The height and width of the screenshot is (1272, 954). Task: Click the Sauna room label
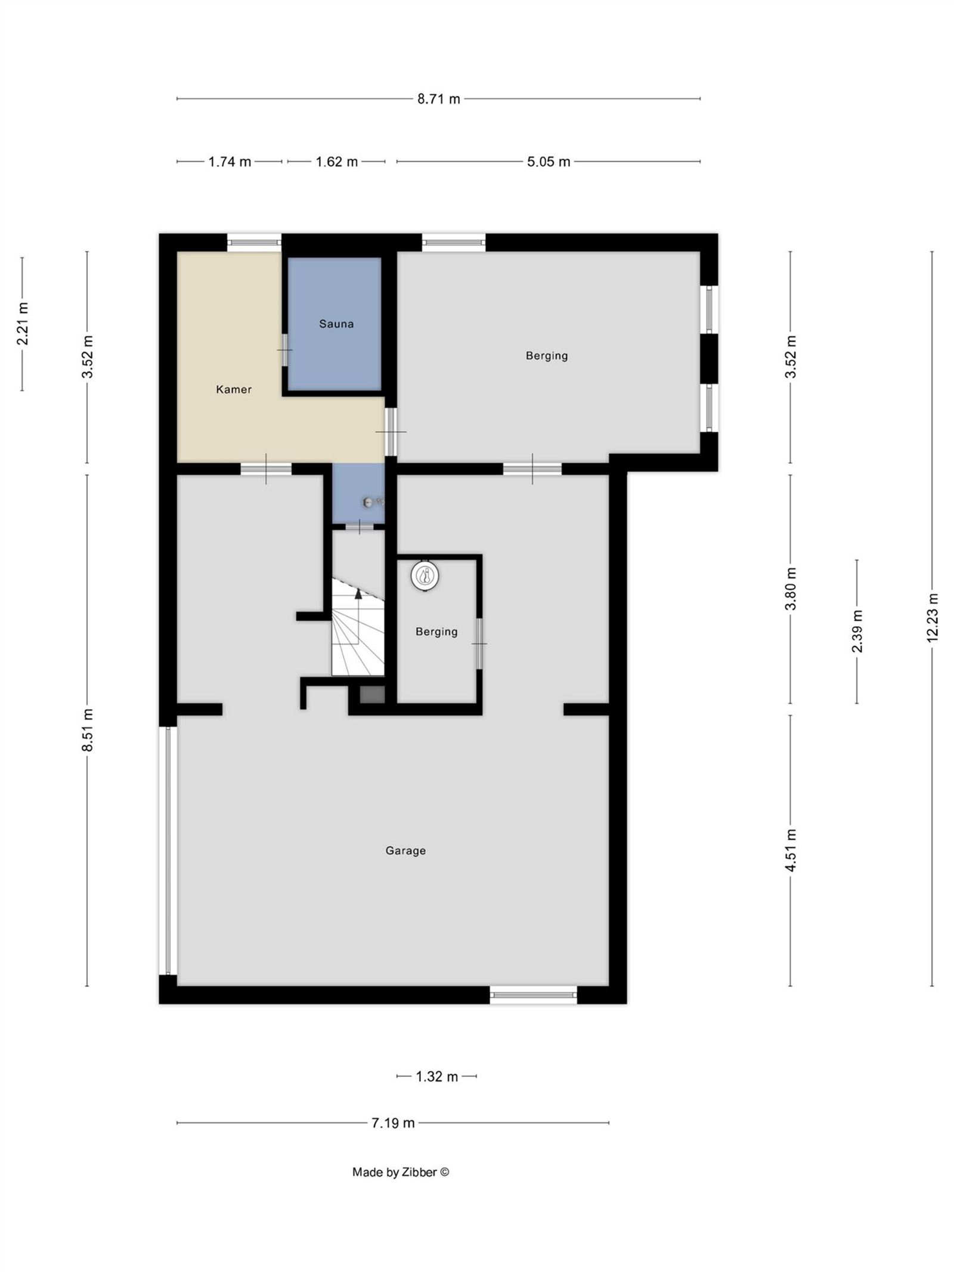(x=336, y=324)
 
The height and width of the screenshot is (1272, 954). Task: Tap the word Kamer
(x=234, y=389)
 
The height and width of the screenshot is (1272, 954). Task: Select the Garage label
(x=405, y=851)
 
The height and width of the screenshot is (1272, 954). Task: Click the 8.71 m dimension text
(x=439, y=99)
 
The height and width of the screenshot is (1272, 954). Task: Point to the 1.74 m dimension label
(x=230, y=162)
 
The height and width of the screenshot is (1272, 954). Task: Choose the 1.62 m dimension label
(x=337, y=162)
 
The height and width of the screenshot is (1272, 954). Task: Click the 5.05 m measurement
(x=549, y=162)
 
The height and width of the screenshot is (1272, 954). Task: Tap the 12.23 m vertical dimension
(x=933, y=618)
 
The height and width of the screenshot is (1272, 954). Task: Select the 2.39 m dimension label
(x=857, y=632)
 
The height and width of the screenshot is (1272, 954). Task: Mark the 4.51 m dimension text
(x=791, y=850)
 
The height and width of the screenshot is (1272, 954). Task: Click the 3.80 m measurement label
(x=791, y=589)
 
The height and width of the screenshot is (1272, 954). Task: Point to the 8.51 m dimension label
(x=88, y=731)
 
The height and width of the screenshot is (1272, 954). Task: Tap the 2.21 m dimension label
(x=23, y=324)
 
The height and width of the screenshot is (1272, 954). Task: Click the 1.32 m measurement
(x=437, y=1076)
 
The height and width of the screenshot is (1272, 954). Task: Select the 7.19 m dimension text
(x=393, y=1123)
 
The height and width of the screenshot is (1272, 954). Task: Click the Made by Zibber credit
(x=401, y=1172)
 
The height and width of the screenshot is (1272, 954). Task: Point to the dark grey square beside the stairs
(x=373, y=695)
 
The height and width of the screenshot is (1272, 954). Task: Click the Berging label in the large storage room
(x=547, y=356)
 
